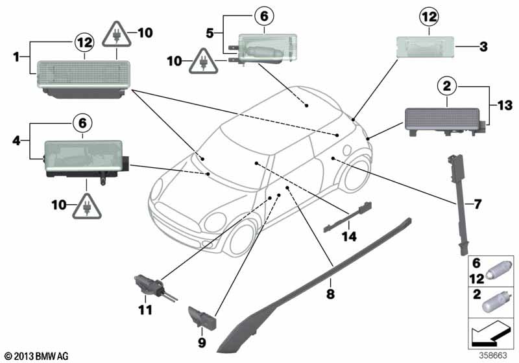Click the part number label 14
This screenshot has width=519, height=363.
point(350,236)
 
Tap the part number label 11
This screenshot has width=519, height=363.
point(145,310)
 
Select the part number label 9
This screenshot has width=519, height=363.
point(202,342)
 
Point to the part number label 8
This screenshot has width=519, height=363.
point(330,294)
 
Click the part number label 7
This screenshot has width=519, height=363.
point(477,204)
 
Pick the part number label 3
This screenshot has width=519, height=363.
point(483,47)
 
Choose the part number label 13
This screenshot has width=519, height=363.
point(505,106)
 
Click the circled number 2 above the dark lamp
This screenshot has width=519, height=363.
point(447,86)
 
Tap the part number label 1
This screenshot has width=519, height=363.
point(16,57)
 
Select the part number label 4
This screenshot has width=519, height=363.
point(16,141)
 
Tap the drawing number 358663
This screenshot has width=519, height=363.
point(493,355)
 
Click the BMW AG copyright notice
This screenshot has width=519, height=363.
point(37,356)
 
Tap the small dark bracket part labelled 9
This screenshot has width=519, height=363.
point(202,318)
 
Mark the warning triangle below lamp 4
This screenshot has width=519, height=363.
point(87,206)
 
